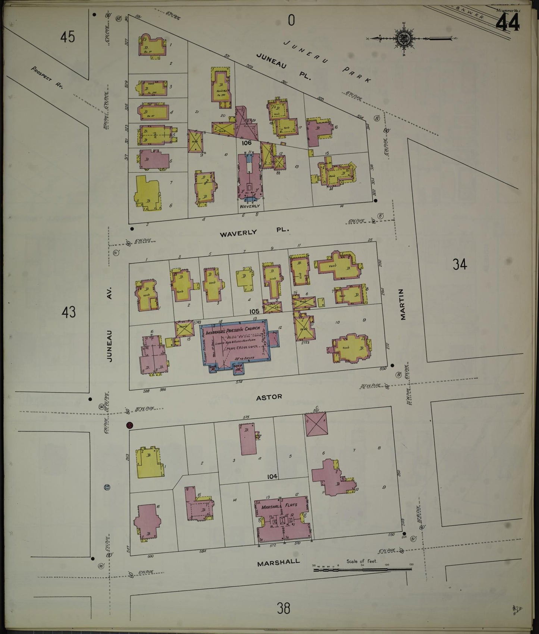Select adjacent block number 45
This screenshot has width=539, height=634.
pyautogui.click(x=68, y=37)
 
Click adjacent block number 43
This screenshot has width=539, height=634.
pyautogui.click(x=69, y=312)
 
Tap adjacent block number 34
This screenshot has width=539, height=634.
pyautogui.click(x=460, y=264)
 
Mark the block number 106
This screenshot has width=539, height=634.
pyautogui.click(x=247, y=143)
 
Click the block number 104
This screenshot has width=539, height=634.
pyautogui.click(x=272, y=476)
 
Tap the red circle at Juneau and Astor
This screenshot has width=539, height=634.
pyautogui.click(x=129, y=425)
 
